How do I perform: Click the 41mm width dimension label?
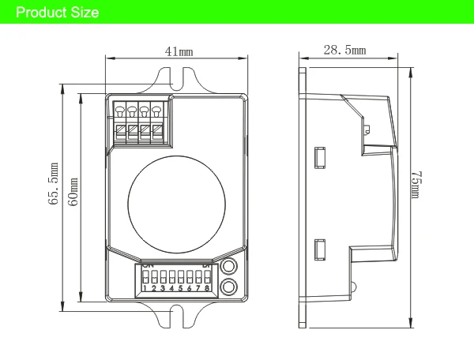179,51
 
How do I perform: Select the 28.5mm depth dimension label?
344,51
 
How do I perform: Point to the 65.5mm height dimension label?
55,184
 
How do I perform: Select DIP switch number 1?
145,279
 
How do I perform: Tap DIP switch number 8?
207,279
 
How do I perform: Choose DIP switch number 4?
171,279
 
